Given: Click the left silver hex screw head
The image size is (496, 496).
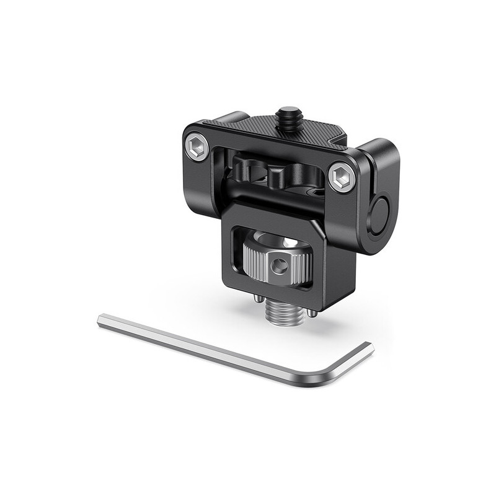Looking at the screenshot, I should point(197,148).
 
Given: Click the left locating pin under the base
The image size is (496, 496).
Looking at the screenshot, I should point(257,300).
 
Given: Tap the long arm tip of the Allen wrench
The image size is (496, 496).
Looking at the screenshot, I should point(102,321).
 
